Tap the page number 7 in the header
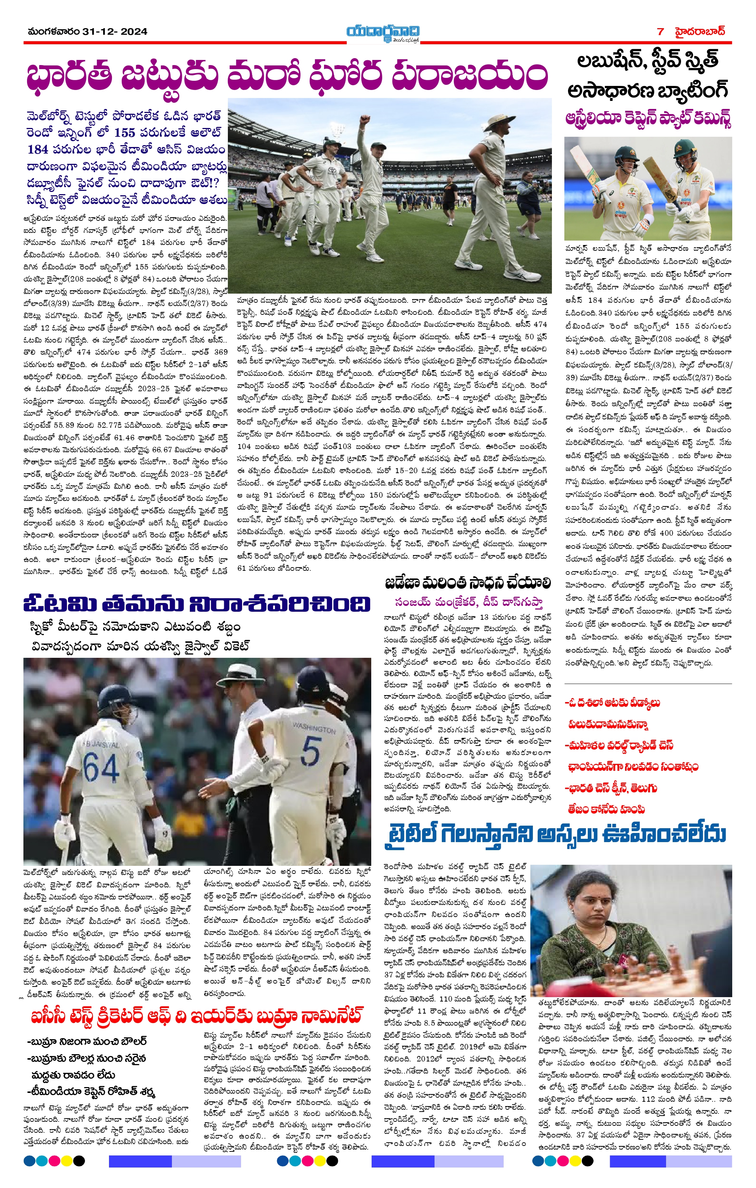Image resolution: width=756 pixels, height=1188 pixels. pos(660,31)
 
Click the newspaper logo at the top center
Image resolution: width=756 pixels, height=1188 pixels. pos(383,34)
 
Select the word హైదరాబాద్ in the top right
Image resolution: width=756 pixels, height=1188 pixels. pos(700,31)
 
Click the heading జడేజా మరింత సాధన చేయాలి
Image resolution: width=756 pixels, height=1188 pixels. pos(467,583)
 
